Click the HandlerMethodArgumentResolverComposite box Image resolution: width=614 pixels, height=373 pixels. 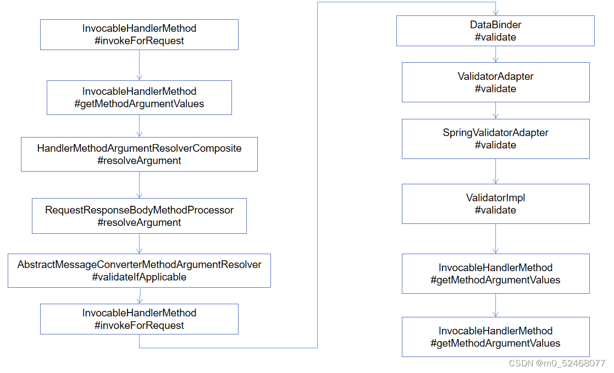coord(139,154)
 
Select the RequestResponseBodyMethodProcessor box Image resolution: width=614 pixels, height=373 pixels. coord(139,216)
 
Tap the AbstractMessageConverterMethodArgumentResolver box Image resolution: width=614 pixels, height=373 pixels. coord(139,271)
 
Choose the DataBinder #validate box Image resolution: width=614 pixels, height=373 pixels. coord(495,31)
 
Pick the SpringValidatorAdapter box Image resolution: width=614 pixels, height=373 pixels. coord(495,139)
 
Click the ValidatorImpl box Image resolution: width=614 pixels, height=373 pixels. coord(495,204)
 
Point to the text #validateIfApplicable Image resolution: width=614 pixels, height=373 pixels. coord(139,277)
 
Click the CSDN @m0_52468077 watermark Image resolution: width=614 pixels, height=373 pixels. coord(557,364)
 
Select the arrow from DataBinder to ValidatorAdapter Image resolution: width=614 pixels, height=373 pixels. coord(496,54)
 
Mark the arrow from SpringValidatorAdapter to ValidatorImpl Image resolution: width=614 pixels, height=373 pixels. coord(496,171)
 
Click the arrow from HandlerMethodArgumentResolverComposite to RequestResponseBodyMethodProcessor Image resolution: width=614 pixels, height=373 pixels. coord(140,185)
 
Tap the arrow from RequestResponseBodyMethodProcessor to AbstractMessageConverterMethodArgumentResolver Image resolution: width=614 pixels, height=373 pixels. coord(140,244)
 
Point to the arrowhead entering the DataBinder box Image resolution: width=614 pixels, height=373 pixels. coord(496,12)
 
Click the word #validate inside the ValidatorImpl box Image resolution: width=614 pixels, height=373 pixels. coord(495,210)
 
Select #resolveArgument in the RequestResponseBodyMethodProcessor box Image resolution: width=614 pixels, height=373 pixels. coord(139,223)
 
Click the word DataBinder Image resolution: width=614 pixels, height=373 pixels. coord(495,25)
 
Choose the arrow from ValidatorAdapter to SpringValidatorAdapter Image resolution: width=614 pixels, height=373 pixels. coord(496,111)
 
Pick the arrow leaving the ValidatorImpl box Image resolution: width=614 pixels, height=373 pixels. coord(496,238)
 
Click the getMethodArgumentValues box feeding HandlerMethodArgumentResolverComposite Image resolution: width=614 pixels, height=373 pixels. coord(139,97)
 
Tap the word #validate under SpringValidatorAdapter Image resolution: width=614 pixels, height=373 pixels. coord(495,145)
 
